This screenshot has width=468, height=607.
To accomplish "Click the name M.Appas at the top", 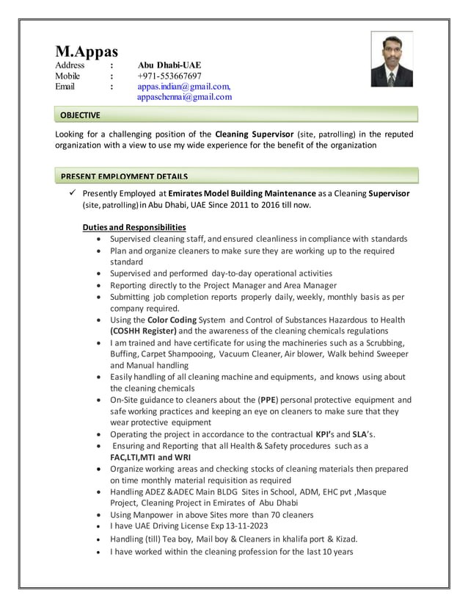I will pos(87,51).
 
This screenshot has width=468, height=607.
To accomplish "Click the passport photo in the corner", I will pos(392,60).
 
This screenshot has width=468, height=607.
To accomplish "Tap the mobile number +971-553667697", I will pos(169,76).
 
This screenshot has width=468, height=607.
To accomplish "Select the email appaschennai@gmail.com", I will pos(184,96).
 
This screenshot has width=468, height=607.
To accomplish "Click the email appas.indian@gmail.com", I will pos(183,86).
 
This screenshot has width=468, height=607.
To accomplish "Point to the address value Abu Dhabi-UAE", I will pos(169,65).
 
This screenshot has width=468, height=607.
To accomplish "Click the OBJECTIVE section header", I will pos(80,115).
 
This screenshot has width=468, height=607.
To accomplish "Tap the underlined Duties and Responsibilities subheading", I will pos(134,227).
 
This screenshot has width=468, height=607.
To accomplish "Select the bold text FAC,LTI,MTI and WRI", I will pos(152,457).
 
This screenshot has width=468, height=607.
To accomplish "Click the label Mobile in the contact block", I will pos(70,76).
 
